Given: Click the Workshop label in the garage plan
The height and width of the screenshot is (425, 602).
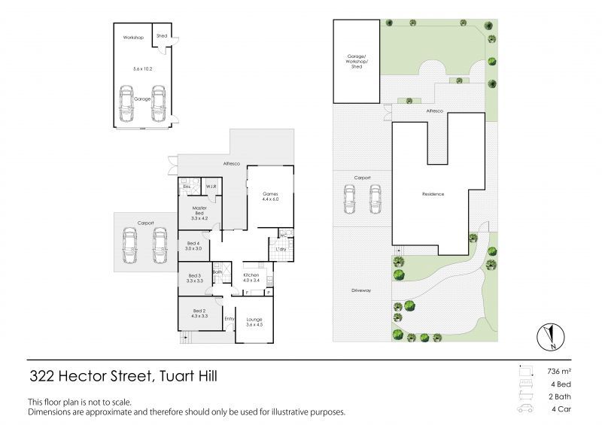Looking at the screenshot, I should pos(133,36).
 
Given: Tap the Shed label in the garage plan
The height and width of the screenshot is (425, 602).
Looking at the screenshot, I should pos(162,35).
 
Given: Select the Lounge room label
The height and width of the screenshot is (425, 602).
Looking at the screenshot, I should pos(254,322).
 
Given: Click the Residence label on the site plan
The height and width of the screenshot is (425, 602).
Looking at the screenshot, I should pos(433,194).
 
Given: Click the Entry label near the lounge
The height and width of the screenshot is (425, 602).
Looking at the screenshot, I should pos(230,318).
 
